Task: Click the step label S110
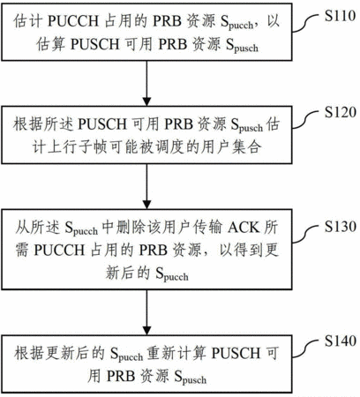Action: coord(340,16)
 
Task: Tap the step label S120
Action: coord(341,112)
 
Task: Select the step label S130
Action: coord(341,226)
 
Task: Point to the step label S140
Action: coord(341,341)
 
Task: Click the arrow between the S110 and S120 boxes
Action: coord(146,84)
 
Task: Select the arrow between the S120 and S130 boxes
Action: coord(146,186)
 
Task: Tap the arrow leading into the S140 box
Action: coord(146,312)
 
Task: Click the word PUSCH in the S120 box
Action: coord(103,124)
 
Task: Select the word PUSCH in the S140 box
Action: coord(236,353)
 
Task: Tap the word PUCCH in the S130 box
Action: coord(59,251)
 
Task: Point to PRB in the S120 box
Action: coord(178,124)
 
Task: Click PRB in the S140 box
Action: coord(121,376)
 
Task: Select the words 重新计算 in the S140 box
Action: coord(176,353)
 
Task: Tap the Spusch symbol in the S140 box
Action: coord(191,378)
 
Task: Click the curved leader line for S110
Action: coord(305,24)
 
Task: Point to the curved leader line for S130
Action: coord(305,234)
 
